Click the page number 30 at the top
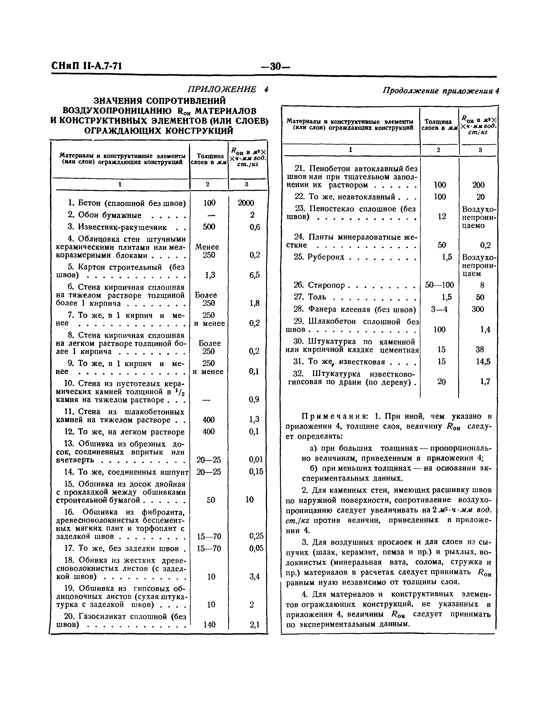(x=275, y=67)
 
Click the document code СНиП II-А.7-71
(x=87, y=66)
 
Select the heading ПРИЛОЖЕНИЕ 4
(x=228, y=89)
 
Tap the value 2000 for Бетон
(x=246, y=203)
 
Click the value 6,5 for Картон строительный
(x=254, y=275)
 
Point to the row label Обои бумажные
(x=110, y=215)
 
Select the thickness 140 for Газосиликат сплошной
(x=209, y=624)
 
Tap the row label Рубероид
(x=326, y=257)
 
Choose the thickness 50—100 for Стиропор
(x=440, y=285)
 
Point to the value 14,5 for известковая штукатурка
(x=483, y=362)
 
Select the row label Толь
(x=317, y=297)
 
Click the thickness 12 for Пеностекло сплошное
(x=442, y=217)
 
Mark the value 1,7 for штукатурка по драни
(x=485, y=382)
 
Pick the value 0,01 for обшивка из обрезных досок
(x=256, y=460)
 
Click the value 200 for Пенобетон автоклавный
(x=478, y=185)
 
